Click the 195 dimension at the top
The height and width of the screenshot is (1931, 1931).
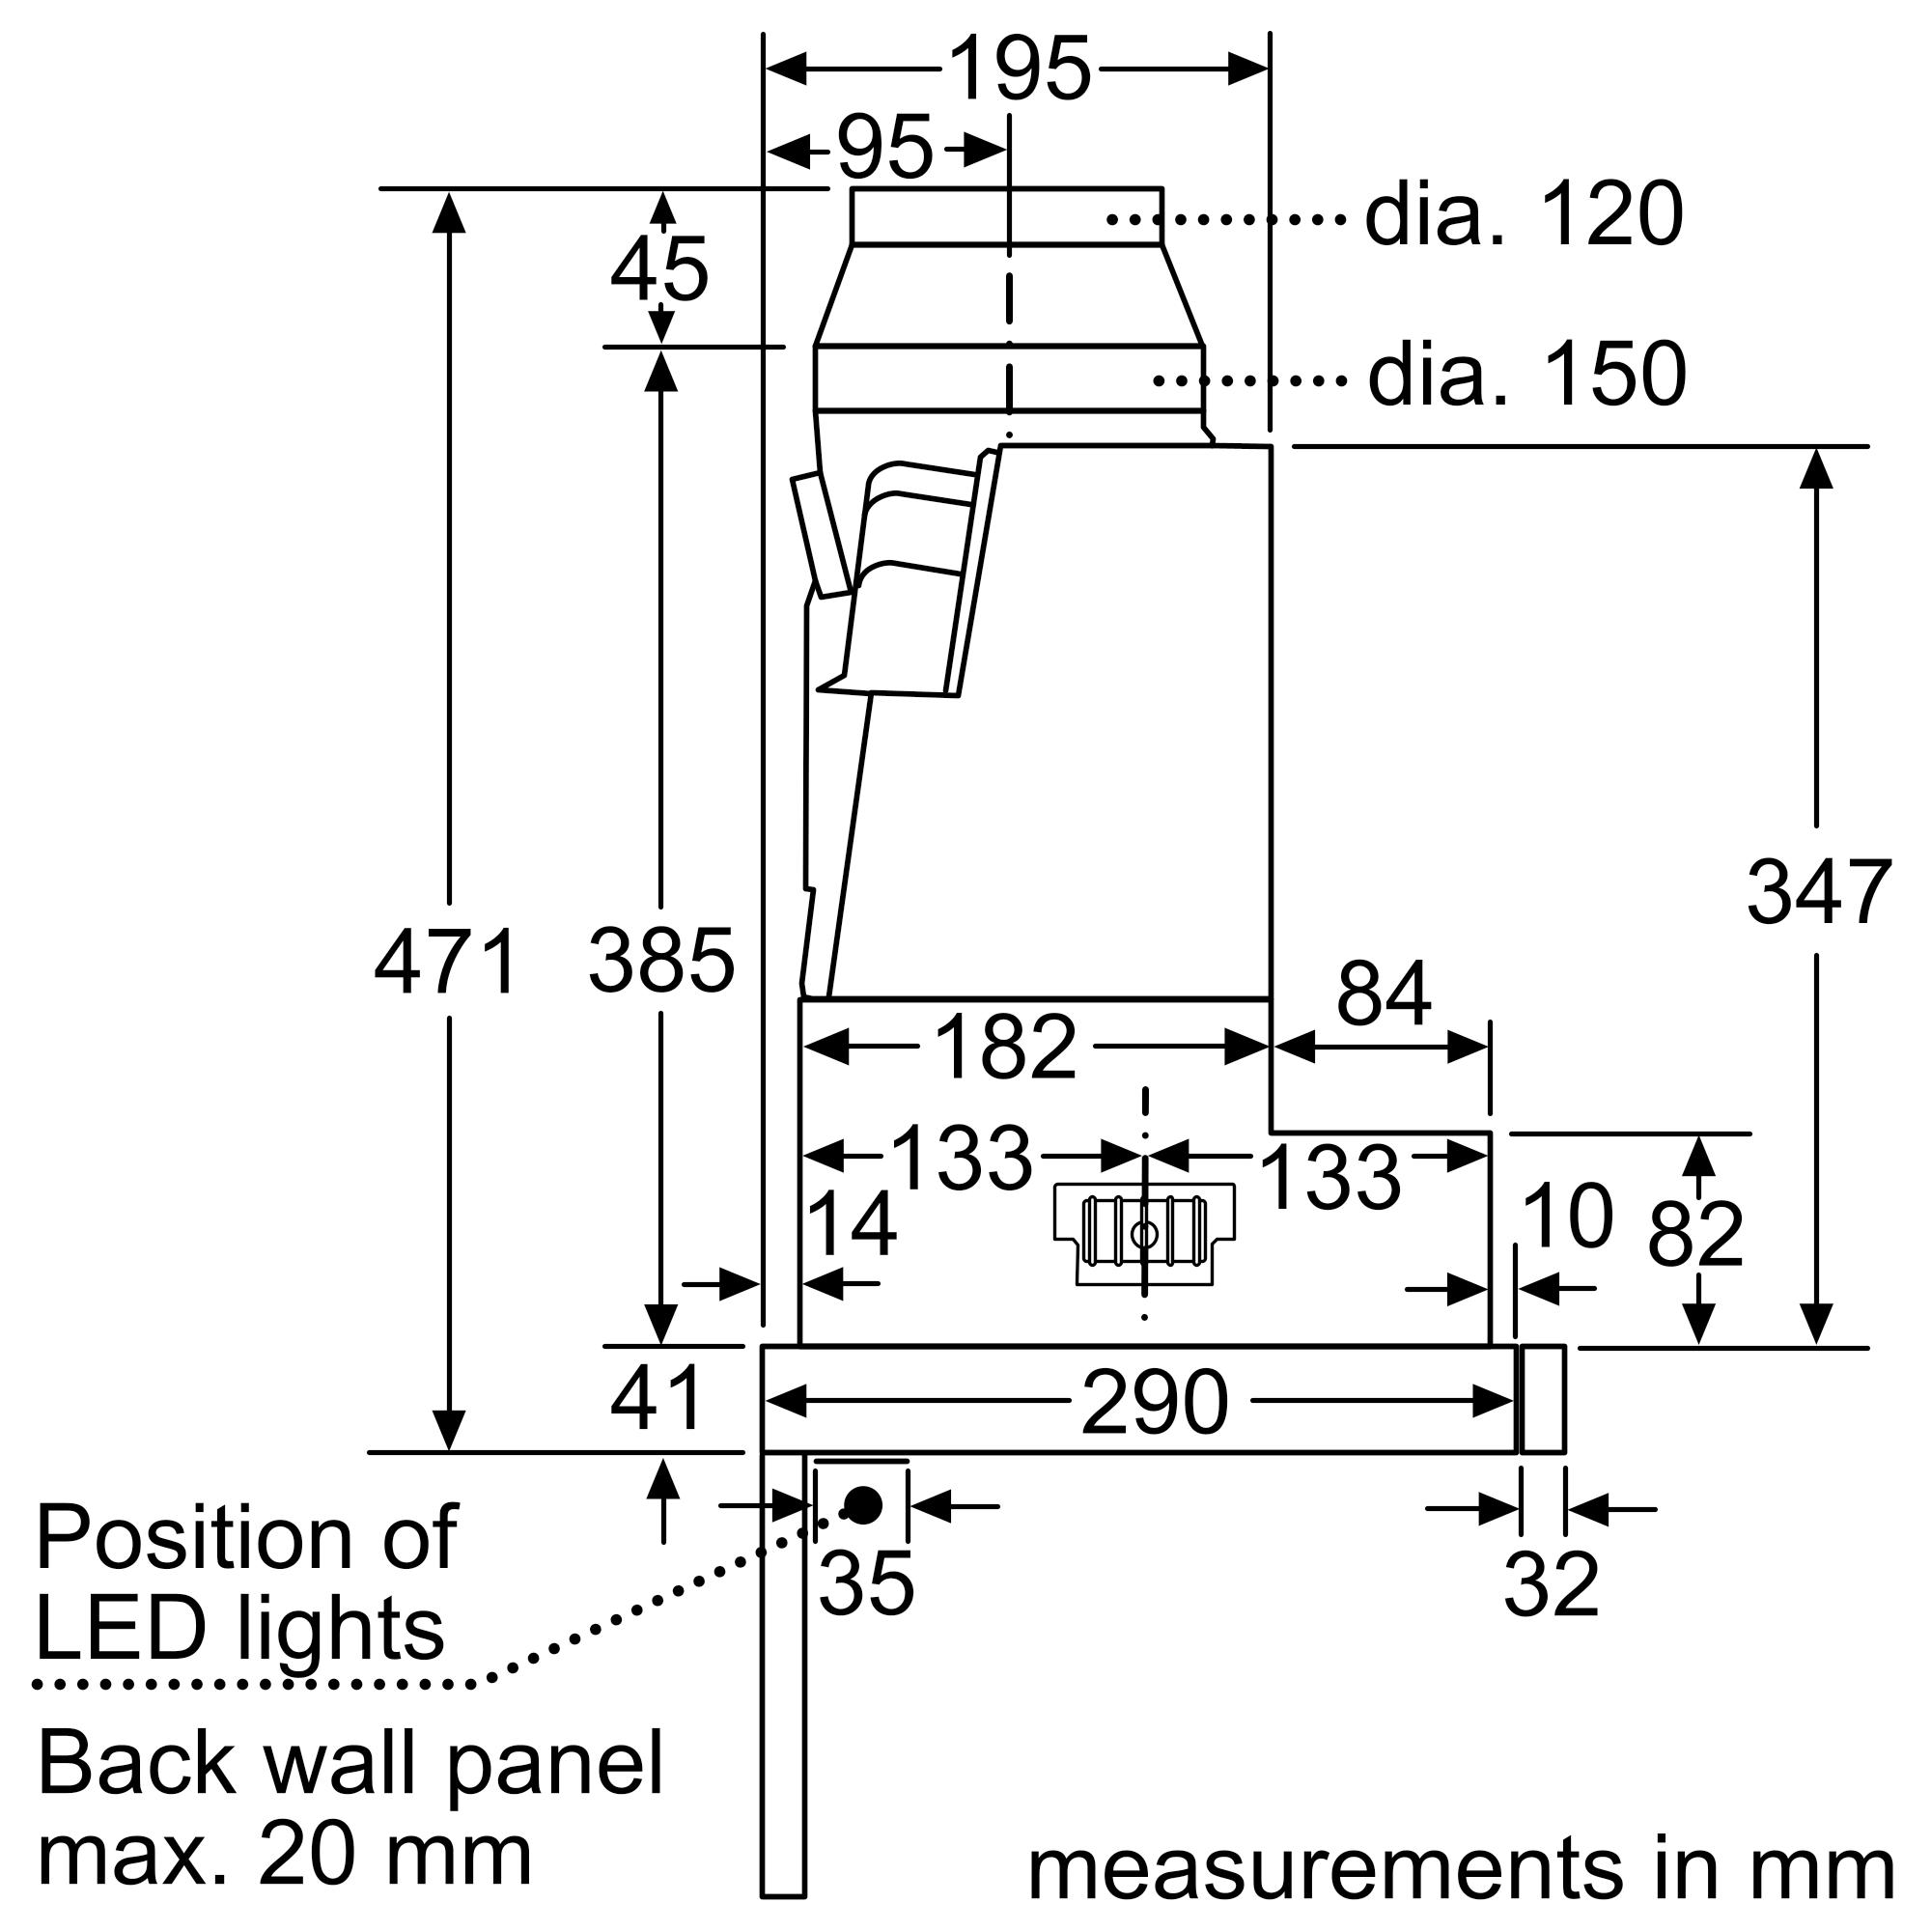[1019, 70]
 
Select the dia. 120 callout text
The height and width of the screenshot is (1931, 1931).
[1524, 215]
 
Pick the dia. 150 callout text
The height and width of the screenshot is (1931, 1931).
[1526, 376]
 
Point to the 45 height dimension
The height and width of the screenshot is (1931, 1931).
[658, 270]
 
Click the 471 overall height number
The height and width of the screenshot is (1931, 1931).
[446, 963]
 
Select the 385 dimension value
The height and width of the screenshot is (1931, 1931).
[660, 961]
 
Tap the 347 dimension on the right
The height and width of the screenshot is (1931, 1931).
[1818, 892]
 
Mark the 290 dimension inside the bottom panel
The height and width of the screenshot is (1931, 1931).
[1154, 1402]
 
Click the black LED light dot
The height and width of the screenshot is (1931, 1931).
[862, 1504]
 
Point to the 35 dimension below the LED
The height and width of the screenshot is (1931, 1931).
[865, 1584]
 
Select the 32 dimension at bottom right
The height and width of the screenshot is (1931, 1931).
[1552, 1584]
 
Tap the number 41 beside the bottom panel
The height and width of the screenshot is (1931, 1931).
[658, 1398]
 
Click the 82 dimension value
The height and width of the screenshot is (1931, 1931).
[1695, 1236]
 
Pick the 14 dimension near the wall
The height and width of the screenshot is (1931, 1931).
[851, 1224]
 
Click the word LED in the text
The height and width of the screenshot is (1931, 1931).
[124, 1630]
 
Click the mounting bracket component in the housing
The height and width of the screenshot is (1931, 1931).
[1144, 1234]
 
